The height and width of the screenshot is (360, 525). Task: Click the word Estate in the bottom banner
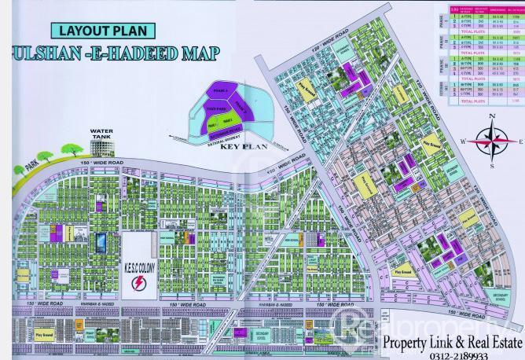tap(500, 341)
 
